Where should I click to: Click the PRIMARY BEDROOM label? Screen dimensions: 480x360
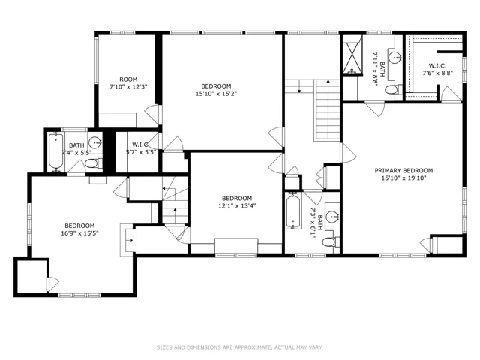coord(403,170)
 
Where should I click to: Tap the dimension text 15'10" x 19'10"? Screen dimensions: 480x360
coord(403,178)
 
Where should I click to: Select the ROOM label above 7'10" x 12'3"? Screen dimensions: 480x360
coord(128,79)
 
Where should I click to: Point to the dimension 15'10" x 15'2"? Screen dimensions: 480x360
coord(216,94)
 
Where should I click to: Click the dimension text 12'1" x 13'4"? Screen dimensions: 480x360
coord(237,205)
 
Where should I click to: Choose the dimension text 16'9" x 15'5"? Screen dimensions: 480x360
coord(79,233)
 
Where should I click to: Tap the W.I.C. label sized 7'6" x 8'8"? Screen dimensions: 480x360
coord(437,65)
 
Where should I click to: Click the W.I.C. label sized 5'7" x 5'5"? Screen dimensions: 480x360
coord(140,145)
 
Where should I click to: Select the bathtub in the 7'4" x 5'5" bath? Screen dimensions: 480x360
coord(56,151)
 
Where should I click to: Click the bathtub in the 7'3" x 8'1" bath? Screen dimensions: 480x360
coord(293,211)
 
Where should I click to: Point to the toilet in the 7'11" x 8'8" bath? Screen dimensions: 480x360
coord(391,90)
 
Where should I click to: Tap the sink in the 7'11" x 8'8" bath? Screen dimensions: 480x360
coord(395,57)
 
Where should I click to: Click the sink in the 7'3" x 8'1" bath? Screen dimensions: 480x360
coord(331,217)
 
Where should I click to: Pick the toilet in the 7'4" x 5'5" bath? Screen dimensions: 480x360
coord(92,163)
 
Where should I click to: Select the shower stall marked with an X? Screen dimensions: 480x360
coord(352,55)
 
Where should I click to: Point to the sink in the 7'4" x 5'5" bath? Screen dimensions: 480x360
coord(95,142)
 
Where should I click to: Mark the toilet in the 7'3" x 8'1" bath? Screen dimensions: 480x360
coord(329,241)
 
